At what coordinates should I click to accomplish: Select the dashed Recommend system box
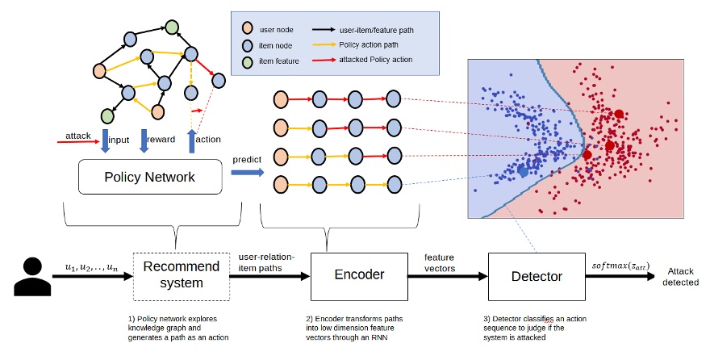coord(174,275)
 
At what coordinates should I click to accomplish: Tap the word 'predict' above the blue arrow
coord(247,159)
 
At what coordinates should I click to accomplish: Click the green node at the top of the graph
coord(170,27)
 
